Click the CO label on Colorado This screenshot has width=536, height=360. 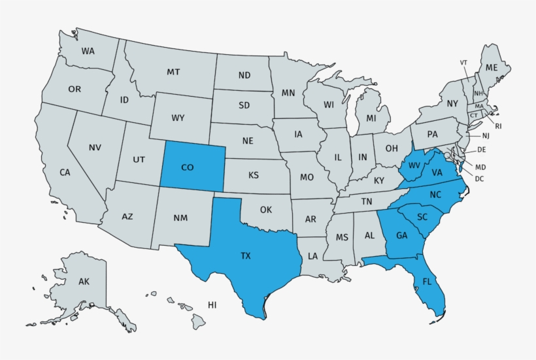(187, 168)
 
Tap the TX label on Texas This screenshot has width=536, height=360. (245, 256)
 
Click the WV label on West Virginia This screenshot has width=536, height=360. (414, 165)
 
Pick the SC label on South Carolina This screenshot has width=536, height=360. (422, 217)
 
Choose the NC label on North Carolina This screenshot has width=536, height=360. (435, 195)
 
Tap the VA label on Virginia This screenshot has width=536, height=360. (437, 173)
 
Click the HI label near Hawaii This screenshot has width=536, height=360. (212, 305)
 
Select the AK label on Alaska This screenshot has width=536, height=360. (84, 282)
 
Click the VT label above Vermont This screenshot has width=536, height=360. (463, 63)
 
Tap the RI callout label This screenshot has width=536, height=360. (498, 125)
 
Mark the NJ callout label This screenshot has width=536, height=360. (486, 136)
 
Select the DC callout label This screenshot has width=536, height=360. (480, 179)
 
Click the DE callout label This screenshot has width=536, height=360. (482, 150)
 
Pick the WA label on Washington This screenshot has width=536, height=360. (88, 51)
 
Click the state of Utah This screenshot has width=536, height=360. (139, 159)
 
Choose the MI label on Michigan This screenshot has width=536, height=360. (371, 118)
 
